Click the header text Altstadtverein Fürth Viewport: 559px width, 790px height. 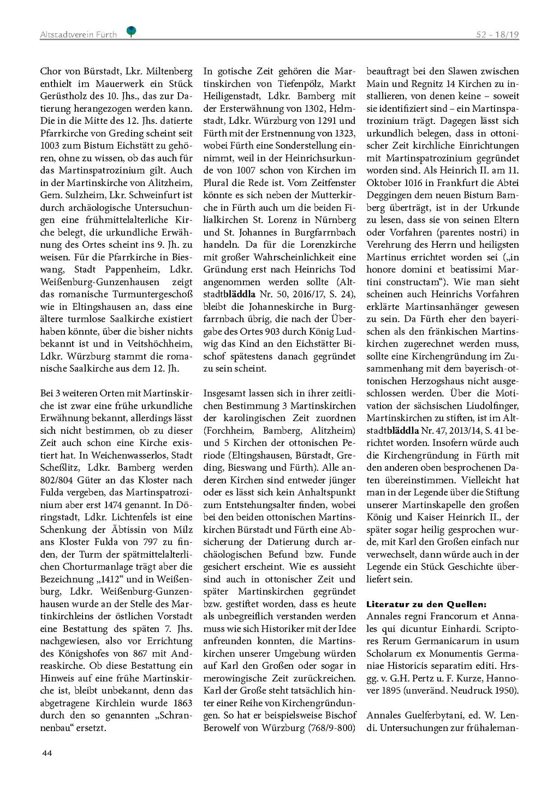click(78, 34)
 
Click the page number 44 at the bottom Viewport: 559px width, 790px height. click(47, 753)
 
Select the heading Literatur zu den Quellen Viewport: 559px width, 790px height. click(426, 604)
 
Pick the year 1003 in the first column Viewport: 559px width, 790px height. click(50, 146)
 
